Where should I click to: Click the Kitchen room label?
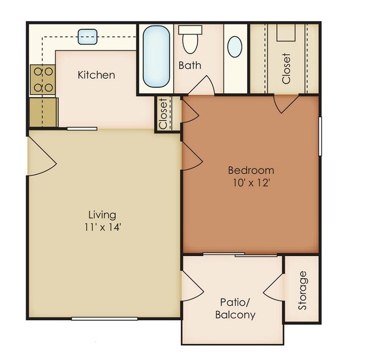click(96, 75)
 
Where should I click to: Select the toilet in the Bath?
click(190, 41)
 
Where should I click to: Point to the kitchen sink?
click(87, 37)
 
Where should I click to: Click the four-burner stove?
click(43, 80)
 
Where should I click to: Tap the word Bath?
click(190, 65)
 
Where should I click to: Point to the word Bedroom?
click(251, 170)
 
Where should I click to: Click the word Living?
click(102, 214)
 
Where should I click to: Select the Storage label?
click(302, 290)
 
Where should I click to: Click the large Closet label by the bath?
click(286, 68)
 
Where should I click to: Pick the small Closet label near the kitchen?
click(163, 114)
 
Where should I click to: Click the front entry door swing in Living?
click(41, 156)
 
